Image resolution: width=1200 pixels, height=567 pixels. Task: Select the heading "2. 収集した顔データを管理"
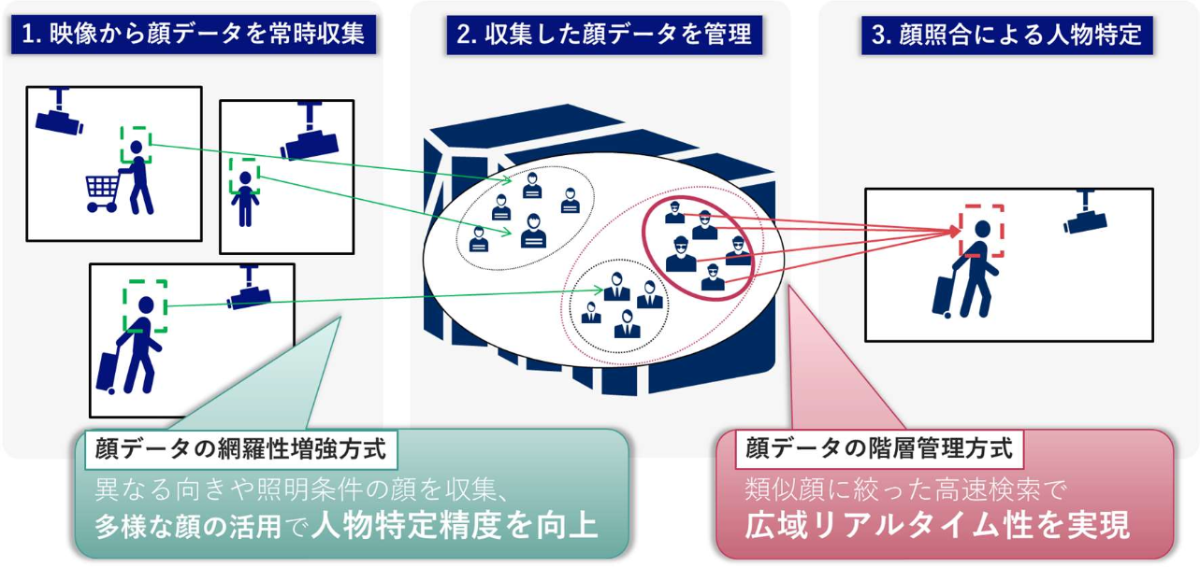tap(603, 35)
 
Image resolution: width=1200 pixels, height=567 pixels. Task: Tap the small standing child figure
tap(245, 199)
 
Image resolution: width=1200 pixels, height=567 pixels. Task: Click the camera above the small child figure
tap(308, 135)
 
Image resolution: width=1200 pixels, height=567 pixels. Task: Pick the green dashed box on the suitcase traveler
tap(145, 305)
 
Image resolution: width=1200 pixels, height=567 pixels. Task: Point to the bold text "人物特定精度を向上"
tap(455, 525)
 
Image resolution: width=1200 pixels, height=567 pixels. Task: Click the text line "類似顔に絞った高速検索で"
tap(904, 488)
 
